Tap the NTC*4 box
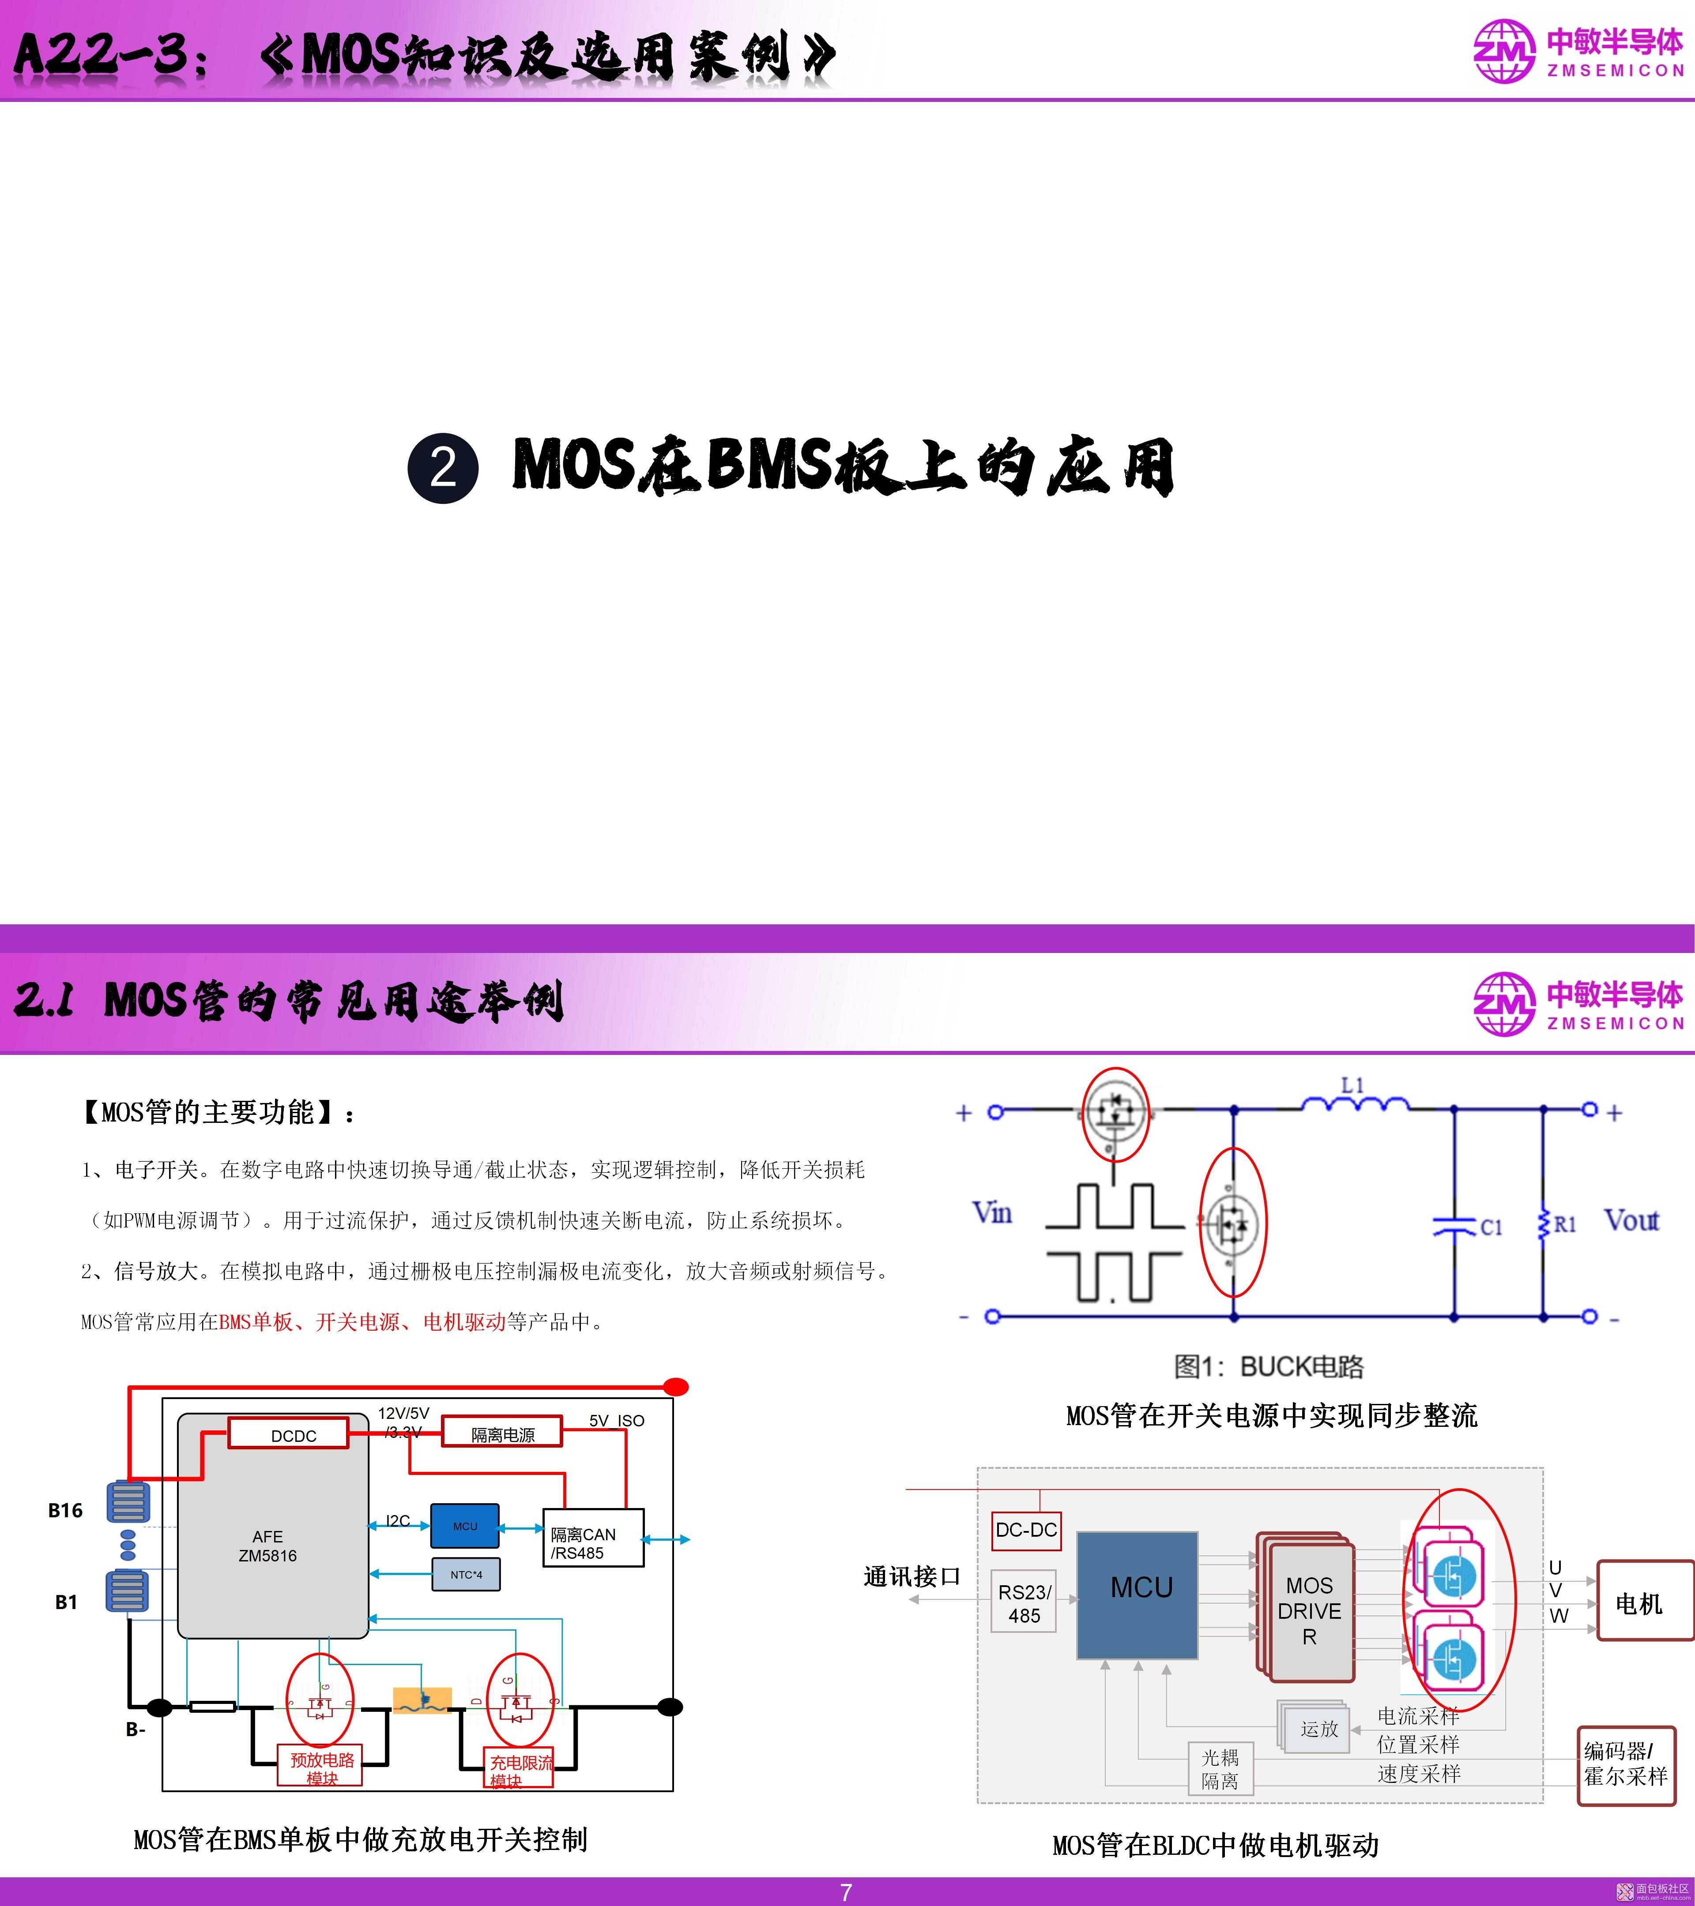466,1575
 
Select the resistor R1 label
1564,1224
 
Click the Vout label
1631,1221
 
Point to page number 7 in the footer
846,1892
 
